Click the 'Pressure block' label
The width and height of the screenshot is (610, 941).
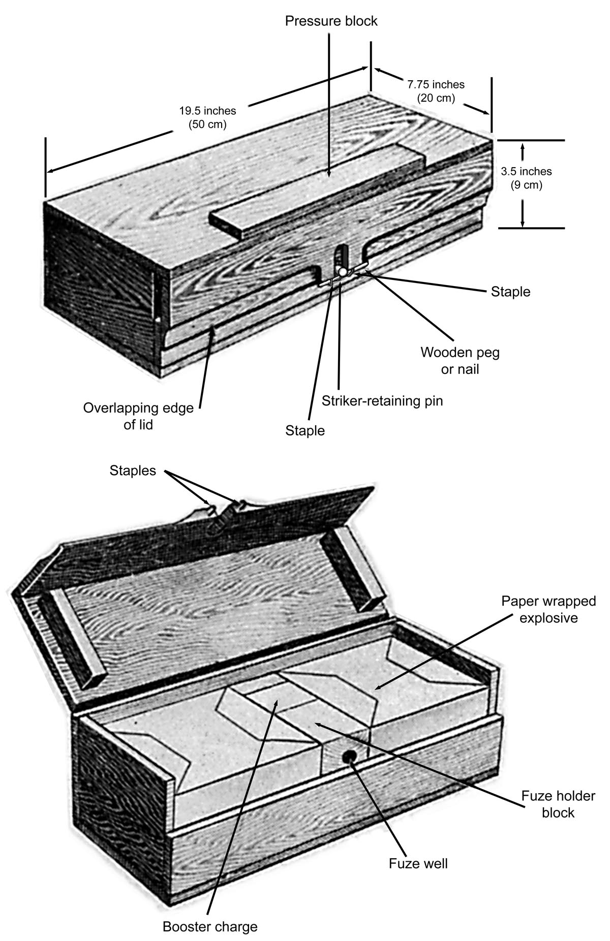(x=331, y=21)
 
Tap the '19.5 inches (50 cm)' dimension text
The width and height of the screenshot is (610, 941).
(x=207, y=117)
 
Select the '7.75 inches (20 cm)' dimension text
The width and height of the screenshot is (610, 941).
(x=436, y=91)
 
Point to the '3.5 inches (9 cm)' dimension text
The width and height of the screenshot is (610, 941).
(x=526, y=178)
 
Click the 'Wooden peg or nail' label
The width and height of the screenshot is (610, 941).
(x=460, y=360)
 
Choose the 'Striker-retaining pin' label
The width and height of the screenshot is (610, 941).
(x=382, y=401)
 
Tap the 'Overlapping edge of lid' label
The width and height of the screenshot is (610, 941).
(x=138, y=416)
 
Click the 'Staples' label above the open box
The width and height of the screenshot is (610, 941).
(x=133, y=471)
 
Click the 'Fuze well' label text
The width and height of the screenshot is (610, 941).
(x=418, y=863)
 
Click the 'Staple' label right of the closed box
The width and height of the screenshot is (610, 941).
(x=510, y=292)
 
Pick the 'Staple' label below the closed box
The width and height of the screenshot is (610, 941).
(x=305, y=431)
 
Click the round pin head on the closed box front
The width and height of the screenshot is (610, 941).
(x=343, y=272)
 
